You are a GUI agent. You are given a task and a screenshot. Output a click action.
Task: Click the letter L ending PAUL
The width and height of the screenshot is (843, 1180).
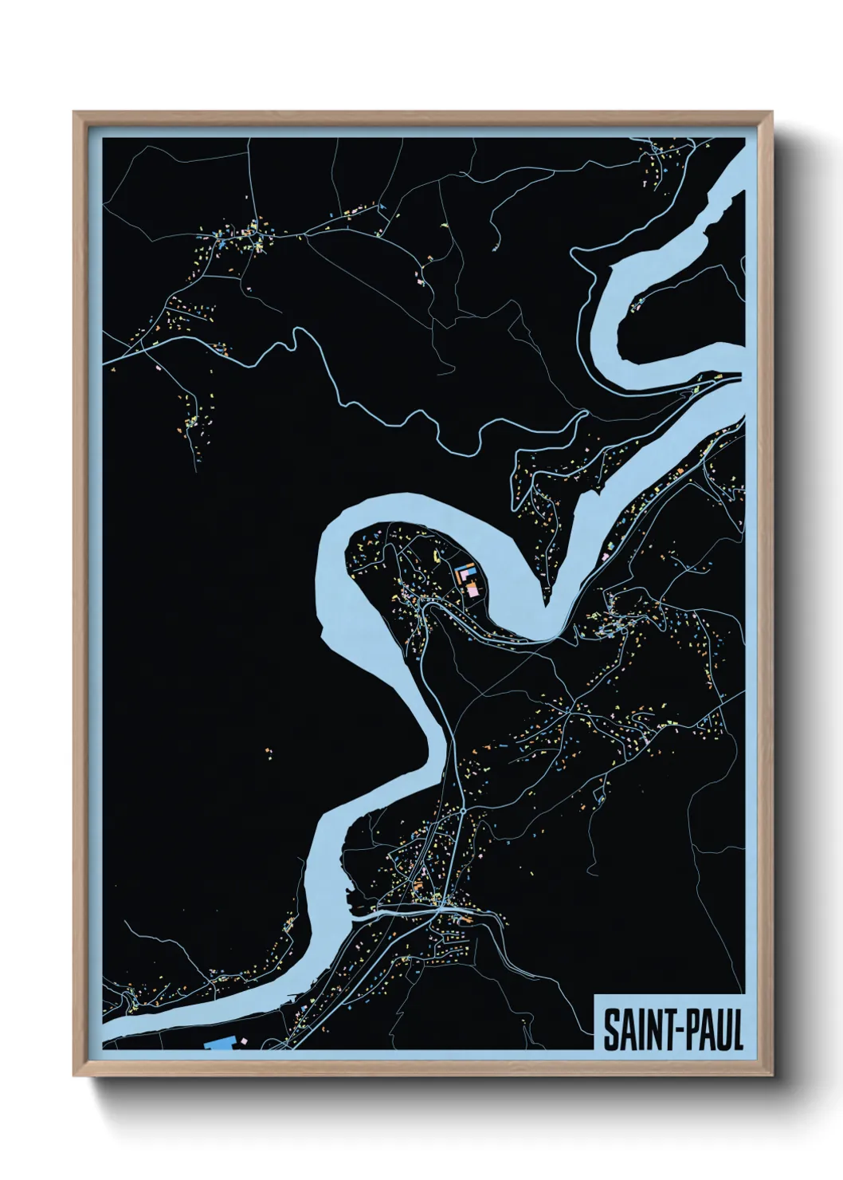(736, 1031)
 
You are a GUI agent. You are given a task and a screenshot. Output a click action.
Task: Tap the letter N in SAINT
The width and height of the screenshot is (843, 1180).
(649, 1031)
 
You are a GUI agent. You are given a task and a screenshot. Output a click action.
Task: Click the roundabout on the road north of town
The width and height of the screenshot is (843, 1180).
(463, 810)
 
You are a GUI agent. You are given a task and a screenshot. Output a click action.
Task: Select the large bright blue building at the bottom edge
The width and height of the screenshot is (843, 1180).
(219, 1044)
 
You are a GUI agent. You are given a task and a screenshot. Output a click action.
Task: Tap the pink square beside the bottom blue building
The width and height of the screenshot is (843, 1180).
(244, 1040)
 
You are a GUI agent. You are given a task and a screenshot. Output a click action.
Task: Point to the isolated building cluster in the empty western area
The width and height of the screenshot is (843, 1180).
(269, 751)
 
